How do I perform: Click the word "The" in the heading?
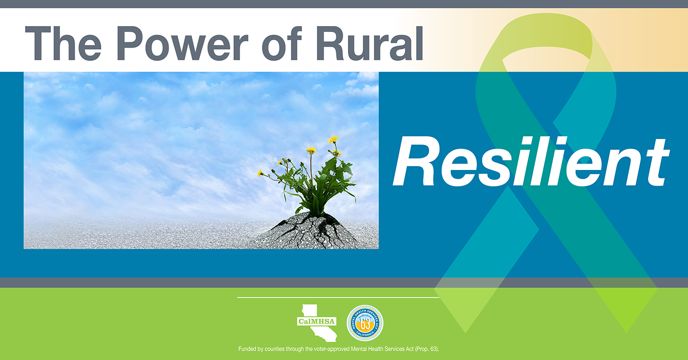click(x=63, y=43)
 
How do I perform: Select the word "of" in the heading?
click(x=282, y=43)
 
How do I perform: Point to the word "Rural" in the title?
click(x=370, y=43)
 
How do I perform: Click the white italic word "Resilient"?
click(x=531, y=162)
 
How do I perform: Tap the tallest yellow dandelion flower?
click(x=333, y=139)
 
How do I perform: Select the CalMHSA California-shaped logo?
click(x=317, y=323)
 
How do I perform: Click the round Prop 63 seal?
click(x=365, y=323)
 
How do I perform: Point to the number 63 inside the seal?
click(x=365, y=324)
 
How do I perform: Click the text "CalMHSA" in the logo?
click(x=316, y=321)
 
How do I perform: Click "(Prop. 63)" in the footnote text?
click(x=427, y=349)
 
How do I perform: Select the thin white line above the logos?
click(x=338, y=298)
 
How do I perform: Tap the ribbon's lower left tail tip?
click(x=465, y=332)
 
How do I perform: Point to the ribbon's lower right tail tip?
click(x=627, y=332)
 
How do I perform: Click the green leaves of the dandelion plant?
click(x=319, y=184)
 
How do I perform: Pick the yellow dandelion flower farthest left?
click(x=260, y=173)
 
